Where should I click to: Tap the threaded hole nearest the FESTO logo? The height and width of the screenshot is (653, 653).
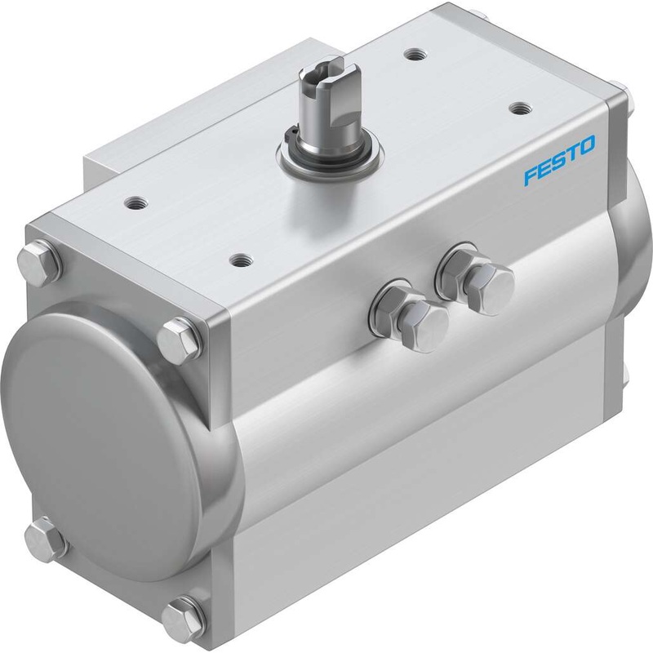518,106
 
